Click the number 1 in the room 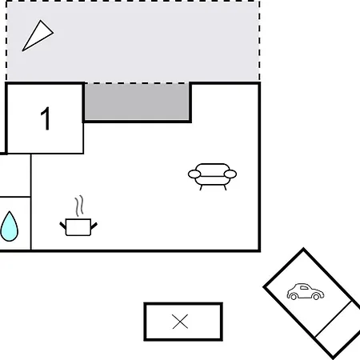(46, 118)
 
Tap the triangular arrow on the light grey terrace (38, 36)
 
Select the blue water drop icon (10, 226)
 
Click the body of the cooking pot (78, 227)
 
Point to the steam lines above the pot (79, 206)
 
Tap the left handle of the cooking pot (62, 226)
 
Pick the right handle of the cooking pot (94, 226)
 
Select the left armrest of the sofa (194, 174)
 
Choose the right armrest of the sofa (230, 174)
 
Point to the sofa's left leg (201, 187)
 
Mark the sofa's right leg (225, 187)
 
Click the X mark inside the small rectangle (180, 322)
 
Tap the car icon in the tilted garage (306, 291)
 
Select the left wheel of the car (294, 296)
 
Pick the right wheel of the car (316, 296)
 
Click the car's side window (304, 288)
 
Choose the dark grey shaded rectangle (137, 102)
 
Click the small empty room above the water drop (15, 175)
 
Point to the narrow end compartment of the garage (338, 329)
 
